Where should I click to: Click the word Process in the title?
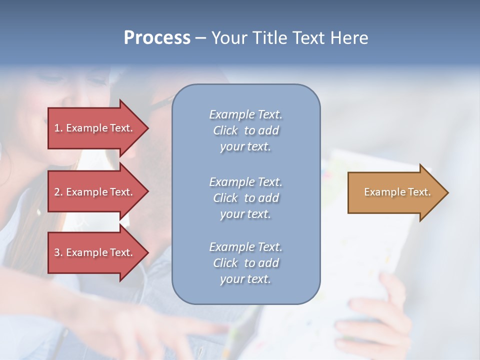157,37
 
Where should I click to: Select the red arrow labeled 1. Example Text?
95,128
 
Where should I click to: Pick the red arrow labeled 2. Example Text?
95,192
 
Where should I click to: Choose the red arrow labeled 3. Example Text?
95,252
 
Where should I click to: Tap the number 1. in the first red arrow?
58,128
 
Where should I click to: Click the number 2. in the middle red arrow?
58,192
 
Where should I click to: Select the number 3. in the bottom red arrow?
58,252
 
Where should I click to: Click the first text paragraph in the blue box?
245,130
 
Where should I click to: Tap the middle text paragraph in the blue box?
245,197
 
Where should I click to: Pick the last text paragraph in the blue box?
245,262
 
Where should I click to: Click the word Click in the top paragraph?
225,130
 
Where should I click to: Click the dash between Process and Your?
201,38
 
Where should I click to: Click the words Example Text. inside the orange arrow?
397,192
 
